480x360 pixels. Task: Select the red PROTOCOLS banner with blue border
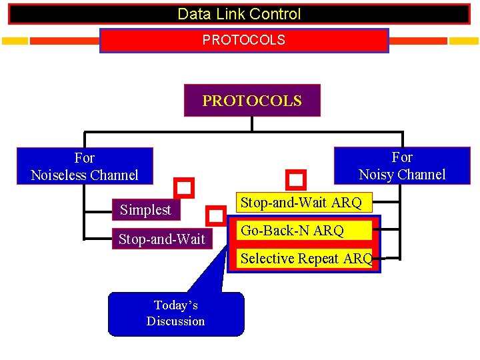243,40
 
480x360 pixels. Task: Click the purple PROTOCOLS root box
252,101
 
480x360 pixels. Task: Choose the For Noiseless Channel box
85,166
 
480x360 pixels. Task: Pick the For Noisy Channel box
402,165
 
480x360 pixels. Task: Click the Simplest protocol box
145,210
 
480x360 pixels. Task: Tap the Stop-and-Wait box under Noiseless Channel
161,239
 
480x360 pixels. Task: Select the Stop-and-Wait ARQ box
301,203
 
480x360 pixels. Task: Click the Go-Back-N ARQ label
293,231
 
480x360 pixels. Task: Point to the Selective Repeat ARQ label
306,259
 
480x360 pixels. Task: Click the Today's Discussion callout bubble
176,313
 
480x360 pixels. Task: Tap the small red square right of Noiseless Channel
184,187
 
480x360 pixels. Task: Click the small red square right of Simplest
215,216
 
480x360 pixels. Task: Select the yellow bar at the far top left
15,41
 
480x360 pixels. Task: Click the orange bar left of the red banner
64,41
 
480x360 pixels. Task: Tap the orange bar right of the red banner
418,41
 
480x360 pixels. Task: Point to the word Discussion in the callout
176,321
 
